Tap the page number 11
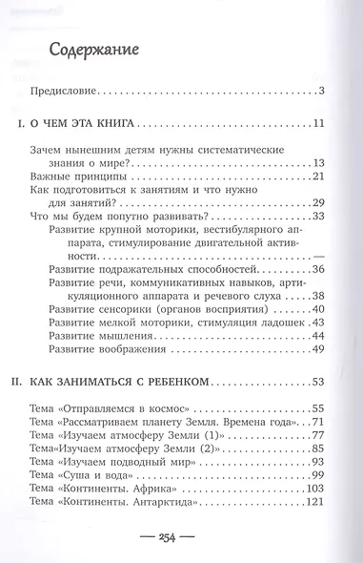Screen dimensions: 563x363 [320, 123]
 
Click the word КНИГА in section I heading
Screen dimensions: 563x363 [143, 123]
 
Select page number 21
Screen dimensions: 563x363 [319, 178]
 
